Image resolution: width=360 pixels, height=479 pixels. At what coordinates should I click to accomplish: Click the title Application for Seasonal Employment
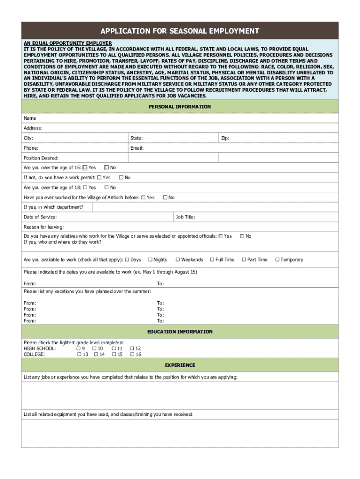[x=180, y=31]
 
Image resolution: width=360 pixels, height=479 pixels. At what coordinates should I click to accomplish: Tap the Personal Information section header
[x=180, y=107]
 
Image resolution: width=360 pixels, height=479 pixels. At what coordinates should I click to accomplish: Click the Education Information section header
[x=180, y=332]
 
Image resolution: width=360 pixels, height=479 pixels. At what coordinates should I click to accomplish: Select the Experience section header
[x=180, y=365]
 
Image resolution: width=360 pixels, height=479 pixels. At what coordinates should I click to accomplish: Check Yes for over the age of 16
[x=85, y=167]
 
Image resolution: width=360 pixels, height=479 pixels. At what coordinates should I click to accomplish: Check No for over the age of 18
[x=107, y=188]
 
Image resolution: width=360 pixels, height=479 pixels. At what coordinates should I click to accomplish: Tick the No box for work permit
[x=121, y=178]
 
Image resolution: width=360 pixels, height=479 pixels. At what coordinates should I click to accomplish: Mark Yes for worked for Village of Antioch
[x=143, y=197]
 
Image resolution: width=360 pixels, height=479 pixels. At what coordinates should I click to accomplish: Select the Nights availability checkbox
[x=150, y=260]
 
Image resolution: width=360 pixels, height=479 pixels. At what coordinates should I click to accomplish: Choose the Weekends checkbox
[x=178, y=260]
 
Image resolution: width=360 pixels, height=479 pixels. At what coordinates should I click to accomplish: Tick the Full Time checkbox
[x=212, y=260]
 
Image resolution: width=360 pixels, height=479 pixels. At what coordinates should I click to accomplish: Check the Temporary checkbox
[x=277, y=260]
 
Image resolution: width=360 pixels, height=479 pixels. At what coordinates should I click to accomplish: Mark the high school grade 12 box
[x=132, y=348]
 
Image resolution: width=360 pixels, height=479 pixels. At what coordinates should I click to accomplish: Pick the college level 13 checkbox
[x=79, y=355]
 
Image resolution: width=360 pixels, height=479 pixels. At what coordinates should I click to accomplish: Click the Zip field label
[x=225, y=138]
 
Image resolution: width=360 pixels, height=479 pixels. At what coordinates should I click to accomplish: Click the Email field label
[x=137, y=148]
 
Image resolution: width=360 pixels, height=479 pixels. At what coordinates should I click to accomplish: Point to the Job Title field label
[x=185, y=217]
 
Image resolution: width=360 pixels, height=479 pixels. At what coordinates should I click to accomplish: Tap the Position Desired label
[x=41, y=158]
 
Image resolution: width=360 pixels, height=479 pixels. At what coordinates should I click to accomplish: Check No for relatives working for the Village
[x=242, y=236]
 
